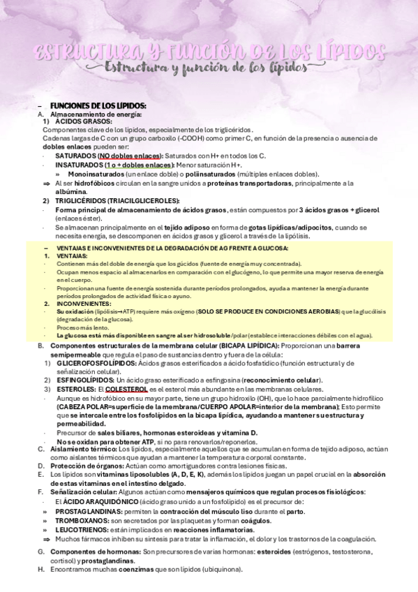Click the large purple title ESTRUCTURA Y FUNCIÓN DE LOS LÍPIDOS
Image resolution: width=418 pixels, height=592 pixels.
pyautogui.click(x=209, y=52)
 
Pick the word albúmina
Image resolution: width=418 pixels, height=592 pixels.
pyautogui.click(x=70, y=191)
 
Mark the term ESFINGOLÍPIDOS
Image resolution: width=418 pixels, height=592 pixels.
pyautogui.click(x=84, y=380)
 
